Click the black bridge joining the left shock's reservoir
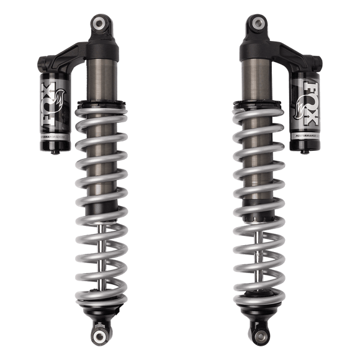[x=68, y=53]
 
